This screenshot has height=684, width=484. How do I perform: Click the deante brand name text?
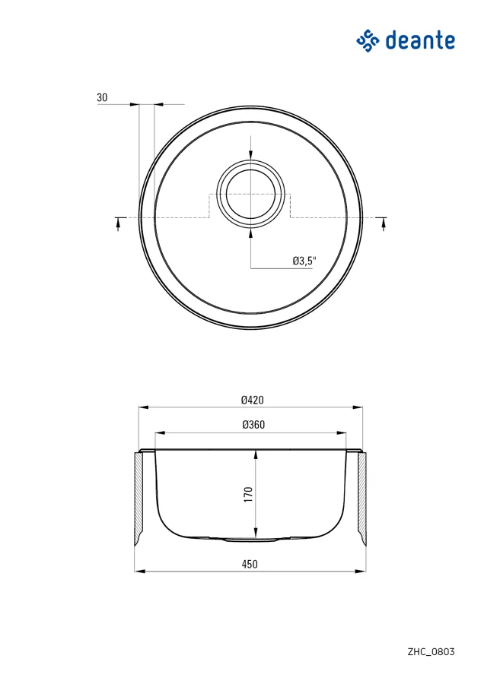(420, 40)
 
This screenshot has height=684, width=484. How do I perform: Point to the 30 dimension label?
(102, 97)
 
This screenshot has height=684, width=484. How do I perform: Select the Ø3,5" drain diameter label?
(304, 261)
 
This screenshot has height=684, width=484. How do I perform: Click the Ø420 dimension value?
(253, 400)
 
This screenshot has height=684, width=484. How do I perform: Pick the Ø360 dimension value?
(253, 424)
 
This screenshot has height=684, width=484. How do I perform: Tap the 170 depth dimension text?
(249, 494)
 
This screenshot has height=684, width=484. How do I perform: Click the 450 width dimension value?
(250, 564)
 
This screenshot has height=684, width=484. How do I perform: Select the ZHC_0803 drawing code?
(431, 652)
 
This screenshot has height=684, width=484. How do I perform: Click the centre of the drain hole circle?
(250, 195)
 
